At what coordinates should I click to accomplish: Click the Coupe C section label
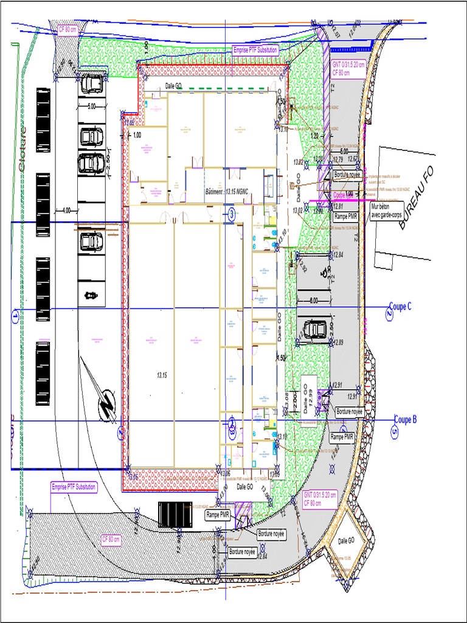pyautogui.click(x=400, y=307)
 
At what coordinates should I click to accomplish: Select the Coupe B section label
pyautogui.click(x=405, y=419)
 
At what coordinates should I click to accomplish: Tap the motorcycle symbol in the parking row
pyautogui.click(x=91, y=296)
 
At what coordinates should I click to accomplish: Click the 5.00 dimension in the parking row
pyautogui.click(x=91, y=106)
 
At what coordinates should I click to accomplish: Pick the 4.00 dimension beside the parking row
pyautogui.click(x=66, y=211)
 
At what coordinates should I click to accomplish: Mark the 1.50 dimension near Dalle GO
pyautogui.click(x=282, y=358)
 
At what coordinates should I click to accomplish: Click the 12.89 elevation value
pyautogui.click(x=338, y=343)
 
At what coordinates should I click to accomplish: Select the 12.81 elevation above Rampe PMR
pyautogui.click(x=338, y=206)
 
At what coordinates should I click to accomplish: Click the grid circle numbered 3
pyautogui.click(x=231, y=213)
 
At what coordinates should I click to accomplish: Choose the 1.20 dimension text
pyautogui.click(x=314, y=136)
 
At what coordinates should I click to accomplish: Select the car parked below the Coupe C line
pyautogui.click(x=314, y=329)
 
